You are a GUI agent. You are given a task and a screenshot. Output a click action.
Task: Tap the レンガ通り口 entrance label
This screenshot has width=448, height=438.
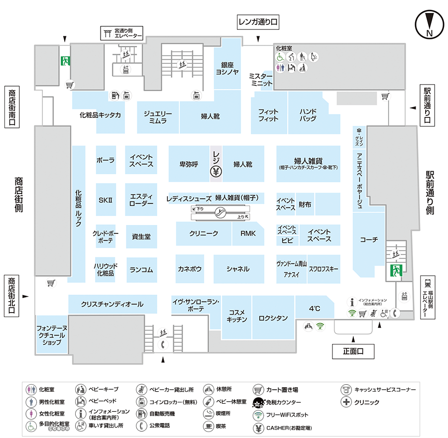[257, 22]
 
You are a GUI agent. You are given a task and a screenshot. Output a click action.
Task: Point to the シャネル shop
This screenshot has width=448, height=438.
[238, 269]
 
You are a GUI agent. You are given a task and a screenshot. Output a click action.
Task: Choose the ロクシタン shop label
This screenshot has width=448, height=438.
[273, 318]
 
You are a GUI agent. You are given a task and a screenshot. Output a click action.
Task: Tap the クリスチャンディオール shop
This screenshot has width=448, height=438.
[112, 304]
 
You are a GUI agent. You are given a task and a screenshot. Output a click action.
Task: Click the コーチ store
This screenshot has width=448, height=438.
[369, 240]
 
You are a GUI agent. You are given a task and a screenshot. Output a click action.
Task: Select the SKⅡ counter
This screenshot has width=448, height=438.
[106, 200]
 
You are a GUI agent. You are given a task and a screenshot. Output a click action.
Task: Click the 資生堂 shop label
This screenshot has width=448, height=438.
[141, 237]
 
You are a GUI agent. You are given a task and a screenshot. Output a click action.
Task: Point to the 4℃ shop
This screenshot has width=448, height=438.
[315, 309]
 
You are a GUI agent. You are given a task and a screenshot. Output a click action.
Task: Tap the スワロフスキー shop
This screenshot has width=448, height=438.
[324, 269]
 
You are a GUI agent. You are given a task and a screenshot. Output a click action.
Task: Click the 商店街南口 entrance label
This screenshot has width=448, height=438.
[11, 108]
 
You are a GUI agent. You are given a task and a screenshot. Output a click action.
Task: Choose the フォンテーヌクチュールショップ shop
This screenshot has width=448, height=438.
[52, 335]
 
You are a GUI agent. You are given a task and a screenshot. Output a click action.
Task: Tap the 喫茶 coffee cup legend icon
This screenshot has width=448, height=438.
[208, 426]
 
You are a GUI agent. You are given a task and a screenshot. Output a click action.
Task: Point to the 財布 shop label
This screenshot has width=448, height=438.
[305, 205]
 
